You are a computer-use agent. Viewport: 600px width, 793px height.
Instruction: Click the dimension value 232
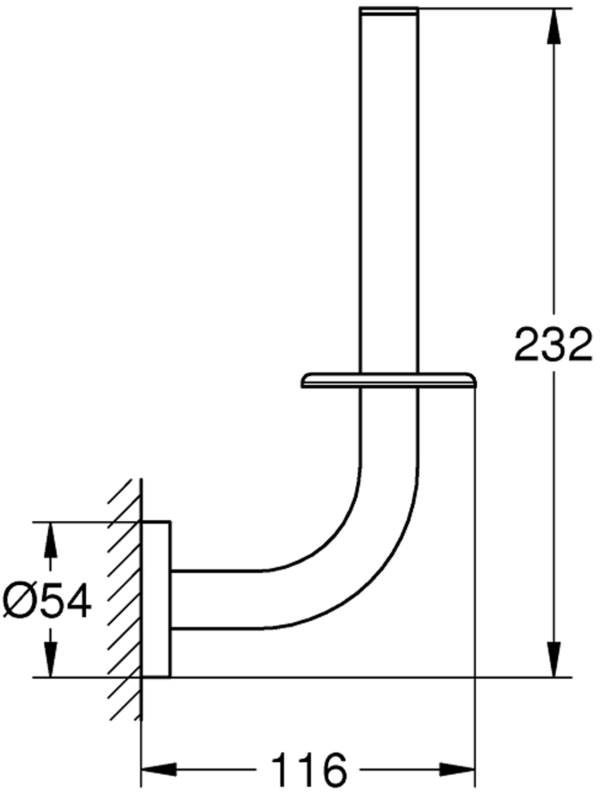tap(553, 344)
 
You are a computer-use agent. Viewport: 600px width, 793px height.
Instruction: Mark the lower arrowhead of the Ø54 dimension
tap(50, 659)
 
